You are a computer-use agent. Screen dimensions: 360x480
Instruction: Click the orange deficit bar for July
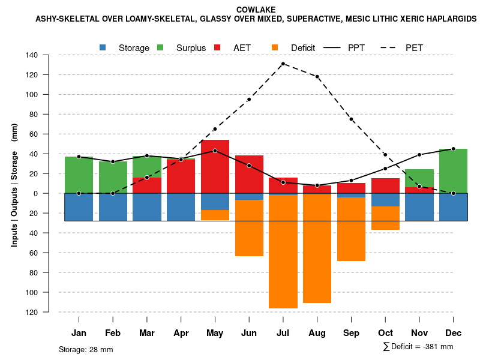(x=283, y=252)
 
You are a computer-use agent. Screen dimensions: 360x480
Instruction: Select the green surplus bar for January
(x=79, y=175)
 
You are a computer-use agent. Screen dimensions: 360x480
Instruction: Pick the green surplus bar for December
(x=453, y=171)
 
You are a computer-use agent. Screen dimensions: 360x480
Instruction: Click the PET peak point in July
(x=283, y=64)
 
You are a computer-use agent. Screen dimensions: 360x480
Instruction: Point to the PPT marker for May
(x=215, y=151)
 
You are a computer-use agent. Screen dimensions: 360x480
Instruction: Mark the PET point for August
(x=317, y=77)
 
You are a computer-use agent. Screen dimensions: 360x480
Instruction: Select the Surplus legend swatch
(x=160, y=47)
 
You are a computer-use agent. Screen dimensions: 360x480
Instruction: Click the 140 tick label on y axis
(x=49, y=55)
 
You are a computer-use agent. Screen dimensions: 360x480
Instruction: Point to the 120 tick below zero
(x=49, y=313)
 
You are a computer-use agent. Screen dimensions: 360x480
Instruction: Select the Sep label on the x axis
(x=352, y=333)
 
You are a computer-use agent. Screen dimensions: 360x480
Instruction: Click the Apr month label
(x=181, y=333)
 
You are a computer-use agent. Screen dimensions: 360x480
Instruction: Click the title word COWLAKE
(x=256, y=10)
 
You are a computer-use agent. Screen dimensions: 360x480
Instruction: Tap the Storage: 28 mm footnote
(x=86, y=349)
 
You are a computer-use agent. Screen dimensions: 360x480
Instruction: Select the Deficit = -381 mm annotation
(x=418, y=347)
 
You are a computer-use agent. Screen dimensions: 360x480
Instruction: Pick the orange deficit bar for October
(x=385, y=218)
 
